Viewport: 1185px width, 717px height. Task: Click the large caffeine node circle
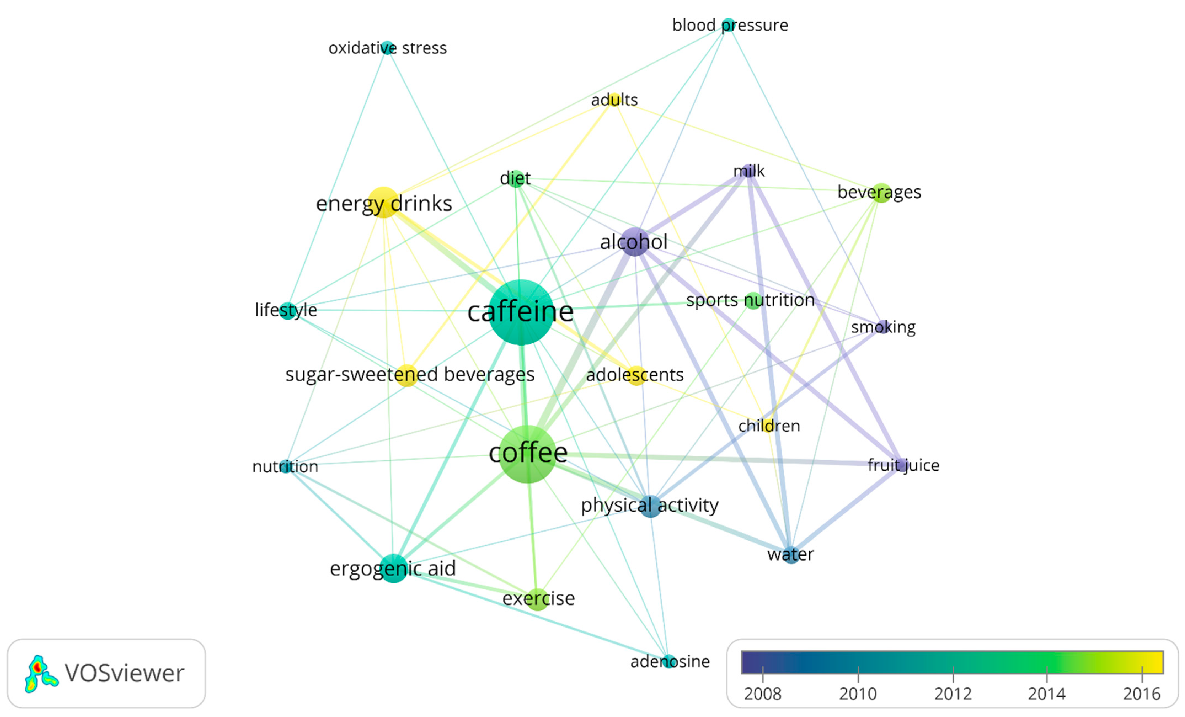click(x=521, y=312)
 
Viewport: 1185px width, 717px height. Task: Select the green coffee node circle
click(x=528, y=454)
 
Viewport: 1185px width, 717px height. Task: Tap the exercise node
click(x=538, y=599)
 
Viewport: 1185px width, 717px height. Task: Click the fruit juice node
click(x=901, y=465)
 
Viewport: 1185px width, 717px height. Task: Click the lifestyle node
click(x=287, y=310)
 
